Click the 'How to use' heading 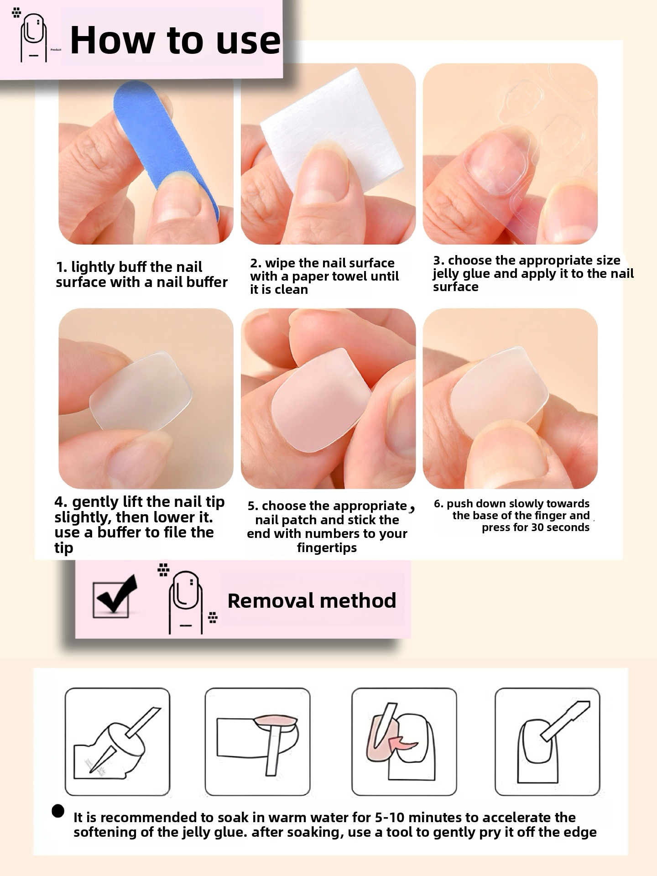tap(175, 40)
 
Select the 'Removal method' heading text tap(312, 600)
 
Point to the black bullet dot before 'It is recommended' tap(58, 811)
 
